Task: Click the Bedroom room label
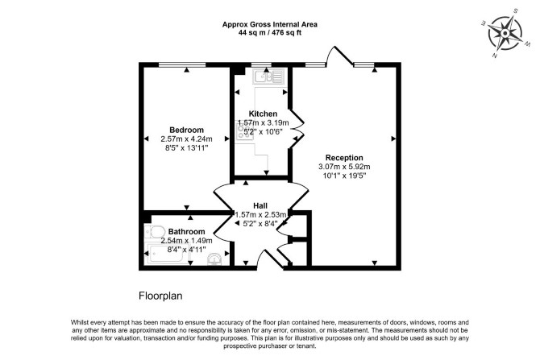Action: click(186, 130)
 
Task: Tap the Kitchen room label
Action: click(263, 114)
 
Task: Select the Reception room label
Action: click(344, 158)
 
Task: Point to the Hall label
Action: click(260, 206)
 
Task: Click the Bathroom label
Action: click(186, 232)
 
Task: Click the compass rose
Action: click(505, 33)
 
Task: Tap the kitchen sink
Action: click(268, 77)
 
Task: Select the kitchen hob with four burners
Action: click(244, 132)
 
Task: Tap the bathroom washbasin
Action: click(214, 259)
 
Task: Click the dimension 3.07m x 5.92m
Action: click(344, 167)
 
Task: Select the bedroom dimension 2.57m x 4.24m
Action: click(186, 139)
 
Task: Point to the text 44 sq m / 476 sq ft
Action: click(270, 33)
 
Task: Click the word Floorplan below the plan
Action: click(160, 296)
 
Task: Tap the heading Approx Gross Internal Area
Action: click(270, 24)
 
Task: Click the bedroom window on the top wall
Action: click(182, 64)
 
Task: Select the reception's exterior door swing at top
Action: click(339, 55)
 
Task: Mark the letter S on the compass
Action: click(516, 10)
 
